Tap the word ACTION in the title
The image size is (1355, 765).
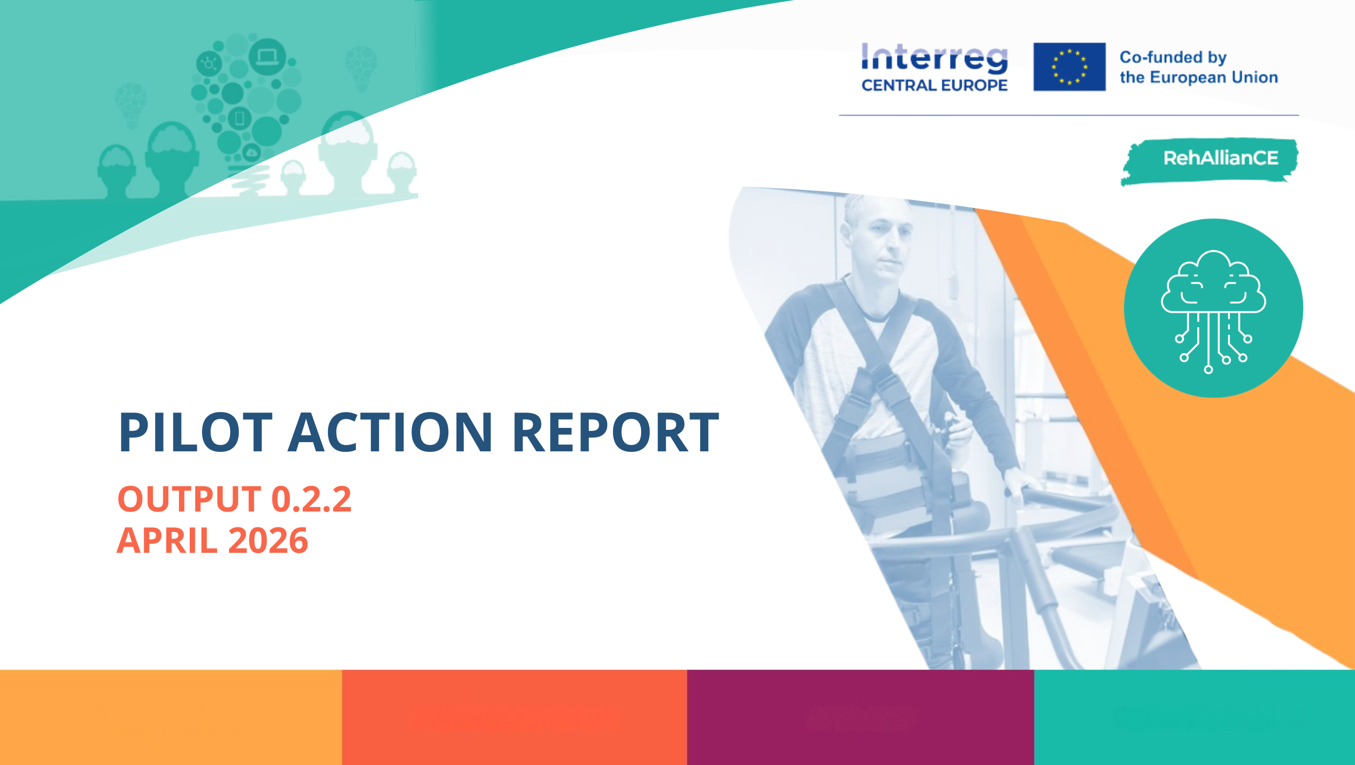(x=390, y=432)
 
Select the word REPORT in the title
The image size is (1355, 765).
(x=615, y=432)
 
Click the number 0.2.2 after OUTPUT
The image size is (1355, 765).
(x=312, y=499)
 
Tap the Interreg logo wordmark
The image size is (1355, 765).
(x=934, y=58)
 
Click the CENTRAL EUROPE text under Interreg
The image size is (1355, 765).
(x=934, y=85)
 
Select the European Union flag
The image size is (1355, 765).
(x=1069, y=67)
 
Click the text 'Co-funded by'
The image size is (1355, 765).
(x=1173, y=57)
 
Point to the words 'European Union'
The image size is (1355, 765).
(x=1214, y=78)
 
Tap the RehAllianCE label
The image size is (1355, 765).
(x=1220, y=158)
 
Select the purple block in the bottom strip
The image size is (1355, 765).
(x=860, y=717)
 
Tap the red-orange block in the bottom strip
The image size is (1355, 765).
(x=515, y=717)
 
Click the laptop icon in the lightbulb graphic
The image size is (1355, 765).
(x=267, y=56)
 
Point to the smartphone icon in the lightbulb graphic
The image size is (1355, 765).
(x=239, y=118)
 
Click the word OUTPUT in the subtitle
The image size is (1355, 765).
(x=189, y=499)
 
